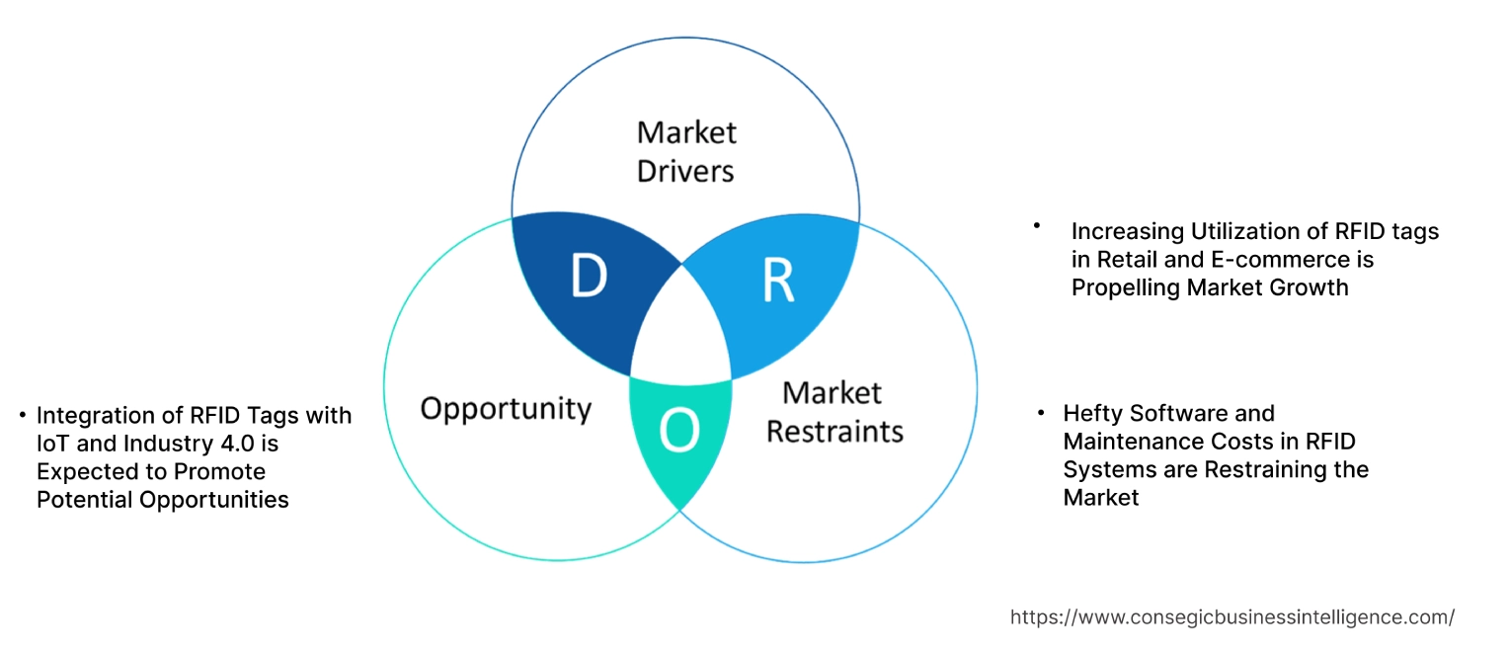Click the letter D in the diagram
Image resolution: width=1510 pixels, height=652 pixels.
[589, 278]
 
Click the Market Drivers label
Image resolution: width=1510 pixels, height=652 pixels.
[686, 151]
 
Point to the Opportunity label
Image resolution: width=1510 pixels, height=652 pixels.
[506, 408]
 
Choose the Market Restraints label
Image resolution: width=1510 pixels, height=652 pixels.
[834, 412]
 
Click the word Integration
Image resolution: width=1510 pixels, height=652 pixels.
[95, 415]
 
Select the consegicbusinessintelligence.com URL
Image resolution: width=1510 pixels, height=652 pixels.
[1232, 617]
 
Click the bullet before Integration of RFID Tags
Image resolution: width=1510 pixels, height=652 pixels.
[23, 414]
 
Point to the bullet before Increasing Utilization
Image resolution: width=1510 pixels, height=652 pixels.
[1038, 226]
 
